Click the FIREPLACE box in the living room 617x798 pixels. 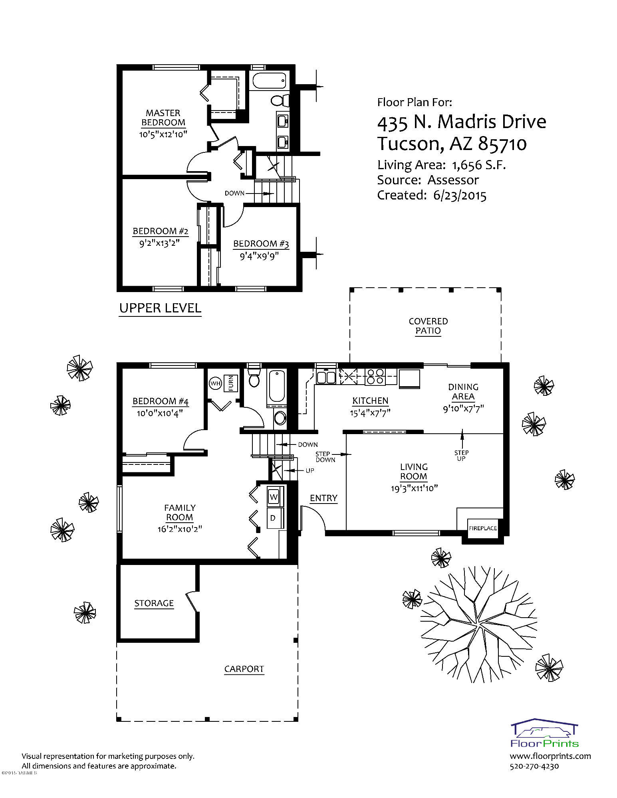point(482,528)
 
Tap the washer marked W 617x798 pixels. point(274,497)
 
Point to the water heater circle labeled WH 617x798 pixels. point(216,383)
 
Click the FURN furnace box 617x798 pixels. point(231,383)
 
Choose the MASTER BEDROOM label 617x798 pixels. point(163,118)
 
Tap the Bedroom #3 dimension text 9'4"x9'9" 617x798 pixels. point(259,256)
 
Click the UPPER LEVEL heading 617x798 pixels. point(160,308)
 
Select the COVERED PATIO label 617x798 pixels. point(428,326)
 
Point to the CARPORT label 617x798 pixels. point(244,669)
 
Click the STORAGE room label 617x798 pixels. point(154,603)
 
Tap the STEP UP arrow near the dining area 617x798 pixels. point(462,439)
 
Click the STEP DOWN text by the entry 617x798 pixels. point(325,456)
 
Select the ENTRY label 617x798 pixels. point(323,498)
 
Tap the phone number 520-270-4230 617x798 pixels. point(534,766)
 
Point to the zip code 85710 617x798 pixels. point(502,144)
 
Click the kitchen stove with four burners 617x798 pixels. point(375,377)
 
